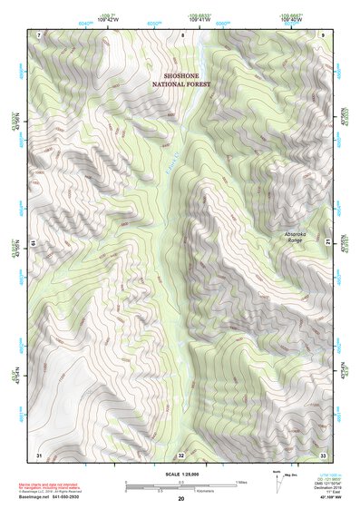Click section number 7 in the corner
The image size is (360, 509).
[39, 34]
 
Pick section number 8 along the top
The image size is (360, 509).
[182, 34]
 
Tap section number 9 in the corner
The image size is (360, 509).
[323, 34]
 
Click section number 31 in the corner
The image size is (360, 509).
[39, 453]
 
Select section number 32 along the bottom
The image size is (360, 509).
[182, 454]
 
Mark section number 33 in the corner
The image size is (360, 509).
[323, 453]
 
